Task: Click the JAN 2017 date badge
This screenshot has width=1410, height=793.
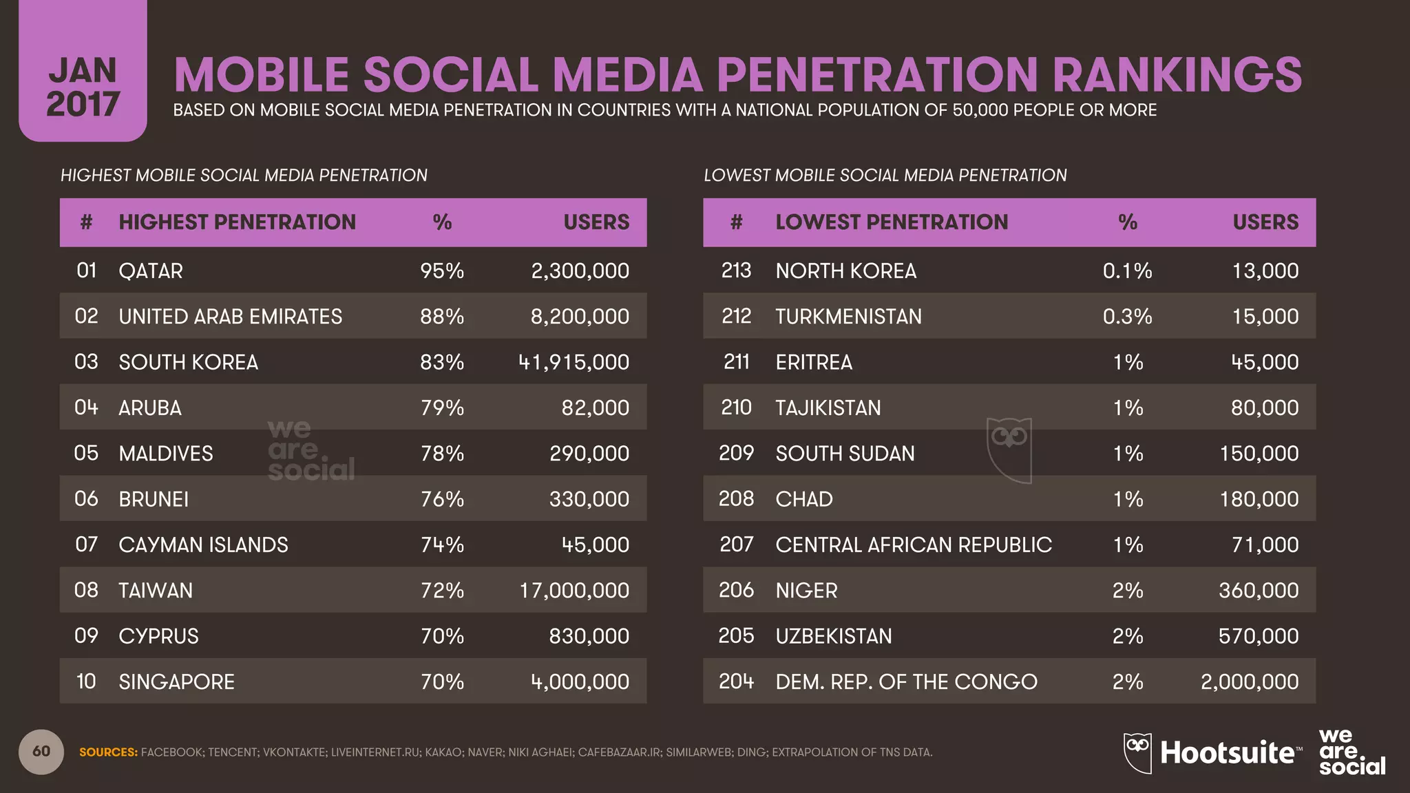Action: pos(83,86)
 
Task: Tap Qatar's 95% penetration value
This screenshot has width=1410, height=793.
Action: pos(442,271)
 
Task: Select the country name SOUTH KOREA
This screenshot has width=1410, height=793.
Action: pos(188,362)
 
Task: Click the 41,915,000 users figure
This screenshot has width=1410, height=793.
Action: pos(574,362)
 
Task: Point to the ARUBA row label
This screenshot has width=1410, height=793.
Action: pos(149,408)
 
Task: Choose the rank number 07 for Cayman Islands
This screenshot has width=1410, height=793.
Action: pos(86,544)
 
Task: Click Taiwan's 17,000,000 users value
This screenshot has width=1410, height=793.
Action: pos(574,590)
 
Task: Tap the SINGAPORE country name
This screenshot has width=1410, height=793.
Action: pos(176,681)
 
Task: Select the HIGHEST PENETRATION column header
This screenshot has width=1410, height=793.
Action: pos(237,222)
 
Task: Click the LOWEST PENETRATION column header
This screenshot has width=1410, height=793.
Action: pos(892,222)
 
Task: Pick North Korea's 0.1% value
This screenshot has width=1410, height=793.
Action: pos(1127,271)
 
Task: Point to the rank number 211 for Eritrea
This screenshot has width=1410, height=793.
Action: pos(736,362)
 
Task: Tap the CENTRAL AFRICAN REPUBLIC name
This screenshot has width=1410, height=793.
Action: pos(913,544)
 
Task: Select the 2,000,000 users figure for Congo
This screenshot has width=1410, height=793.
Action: pos(1249,681)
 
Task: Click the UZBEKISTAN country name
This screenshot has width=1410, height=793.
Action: pos(833,635)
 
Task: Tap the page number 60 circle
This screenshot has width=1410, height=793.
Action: pos(41,751)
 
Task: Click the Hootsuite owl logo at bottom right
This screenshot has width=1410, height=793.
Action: pos(1137,752)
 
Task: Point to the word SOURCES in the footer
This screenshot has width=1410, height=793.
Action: pos(108,752)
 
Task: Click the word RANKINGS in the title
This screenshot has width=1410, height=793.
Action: pos(1177,74)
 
